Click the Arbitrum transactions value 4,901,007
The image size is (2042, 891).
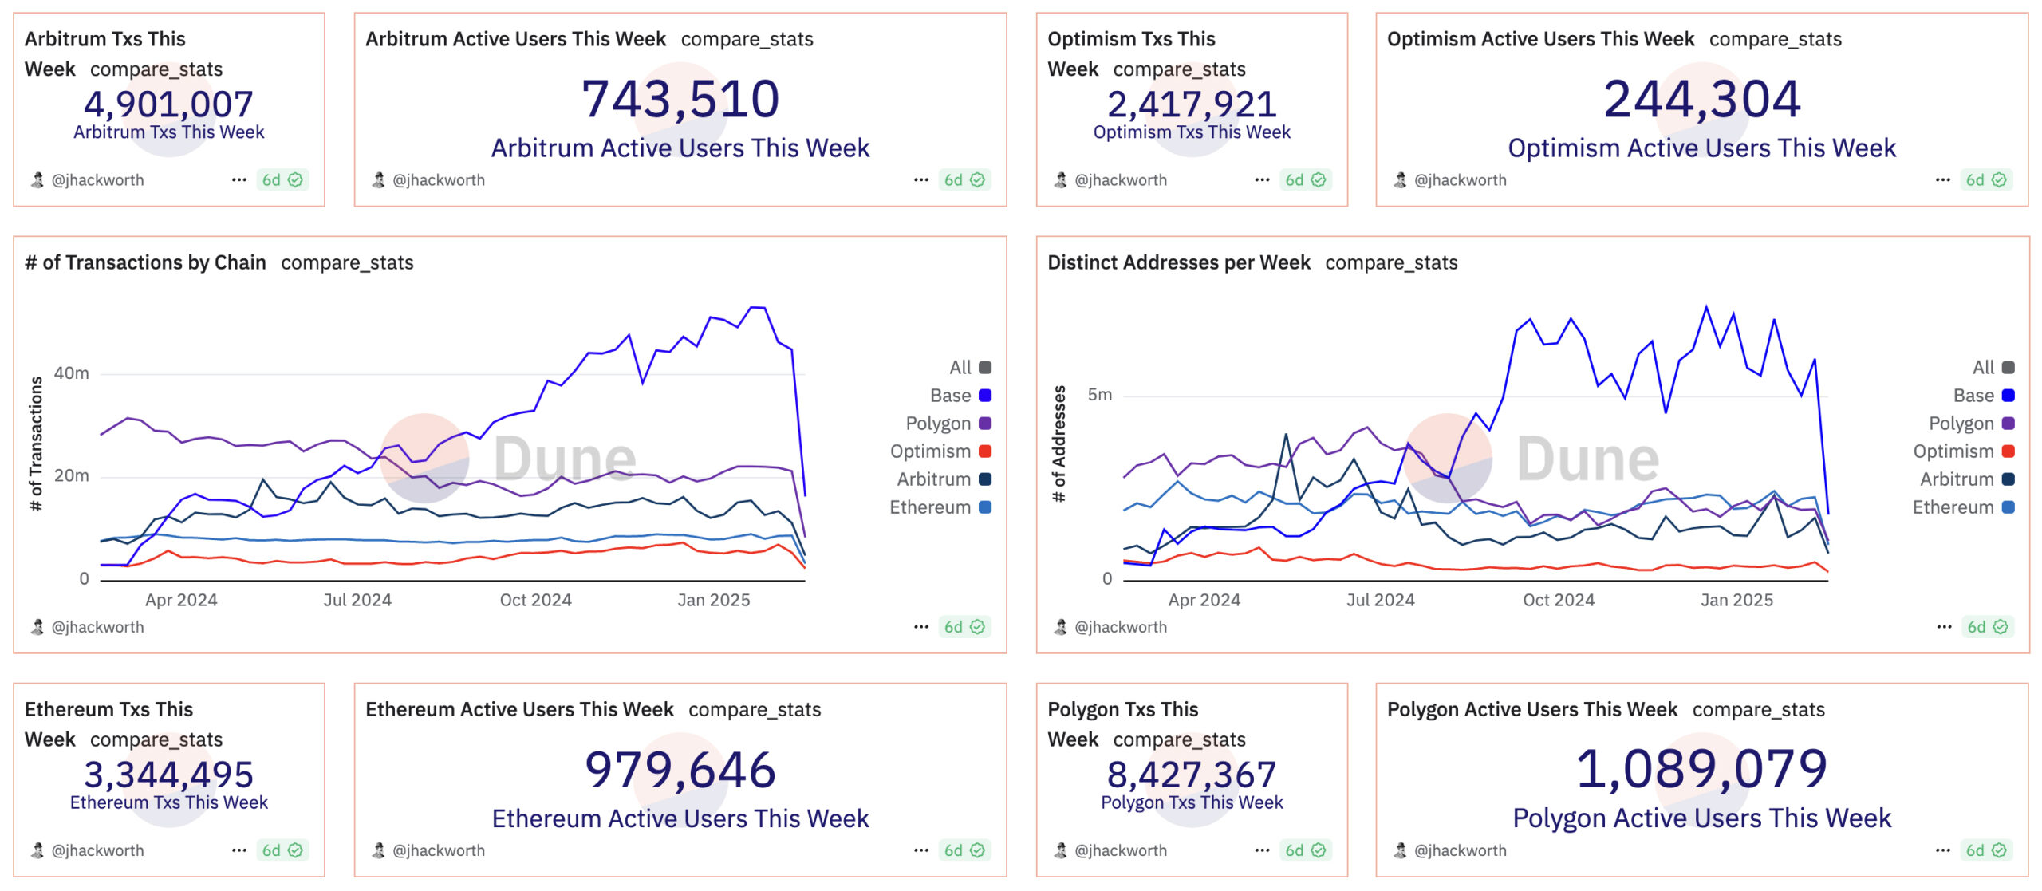pos(168,104)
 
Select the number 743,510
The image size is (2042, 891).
pos(680,100)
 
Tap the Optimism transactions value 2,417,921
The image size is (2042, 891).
pos(1192,104)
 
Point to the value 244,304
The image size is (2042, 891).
pos(1702,100)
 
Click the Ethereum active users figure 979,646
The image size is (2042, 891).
pos(680,771)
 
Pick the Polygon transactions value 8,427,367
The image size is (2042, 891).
pos(1192,775)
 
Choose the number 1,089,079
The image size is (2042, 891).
pos(1702,770)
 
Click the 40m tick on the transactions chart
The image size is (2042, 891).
pos(72,373)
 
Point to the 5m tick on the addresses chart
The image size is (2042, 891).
pos(1099,395)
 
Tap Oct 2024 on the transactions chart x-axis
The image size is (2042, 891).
pos(535,600)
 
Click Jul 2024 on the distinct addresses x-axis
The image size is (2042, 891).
pos(1380,600)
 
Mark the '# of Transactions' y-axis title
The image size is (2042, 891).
pos(36,444)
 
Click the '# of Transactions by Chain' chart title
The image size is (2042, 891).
pos(145,262)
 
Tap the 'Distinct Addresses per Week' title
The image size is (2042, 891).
pos(1178,262)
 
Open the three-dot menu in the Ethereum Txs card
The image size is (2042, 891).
pos(238,850)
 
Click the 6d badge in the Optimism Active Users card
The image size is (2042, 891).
pos(1985,180)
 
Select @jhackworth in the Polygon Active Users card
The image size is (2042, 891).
pos(1460,850)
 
